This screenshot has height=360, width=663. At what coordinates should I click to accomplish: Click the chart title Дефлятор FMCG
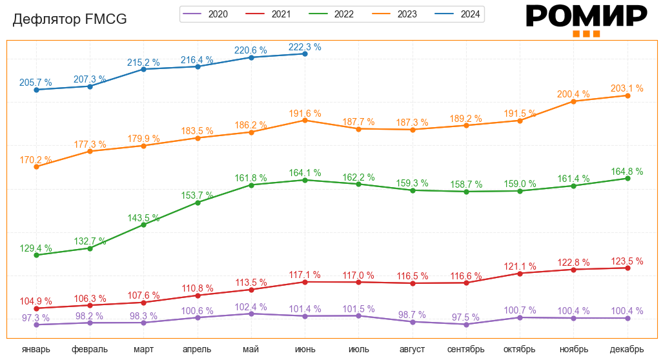[70, 20]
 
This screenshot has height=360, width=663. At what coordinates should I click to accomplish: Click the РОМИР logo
[586, 19]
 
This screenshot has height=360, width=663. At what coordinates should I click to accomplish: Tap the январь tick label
[36, 349]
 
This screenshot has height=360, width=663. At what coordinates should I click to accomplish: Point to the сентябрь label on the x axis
[465, 349]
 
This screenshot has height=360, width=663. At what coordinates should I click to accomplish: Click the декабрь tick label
[627, 349]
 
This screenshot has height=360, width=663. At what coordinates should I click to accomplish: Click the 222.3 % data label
[305, 47]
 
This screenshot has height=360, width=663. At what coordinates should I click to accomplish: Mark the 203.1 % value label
[627, 88]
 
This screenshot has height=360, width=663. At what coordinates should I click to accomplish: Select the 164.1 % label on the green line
[305, 173]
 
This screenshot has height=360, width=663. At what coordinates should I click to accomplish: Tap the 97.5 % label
[465, 317]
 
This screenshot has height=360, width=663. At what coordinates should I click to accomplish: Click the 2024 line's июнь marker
[305, 54]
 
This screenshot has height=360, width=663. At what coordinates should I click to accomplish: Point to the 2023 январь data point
[36, 167]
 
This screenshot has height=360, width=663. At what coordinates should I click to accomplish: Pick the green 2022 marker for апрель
[198, 203]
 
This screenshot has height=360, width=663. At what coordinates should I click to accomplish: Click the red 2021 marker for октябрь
[520, 274]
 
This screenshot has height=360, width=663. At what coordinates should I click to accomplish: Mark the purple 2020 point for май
[251, 314]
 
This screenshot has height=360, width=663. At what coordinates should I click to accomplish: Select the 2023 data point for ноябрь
[573, 101]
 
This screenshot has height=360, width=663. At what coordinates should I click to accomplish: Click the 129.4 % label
[36, 248]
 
